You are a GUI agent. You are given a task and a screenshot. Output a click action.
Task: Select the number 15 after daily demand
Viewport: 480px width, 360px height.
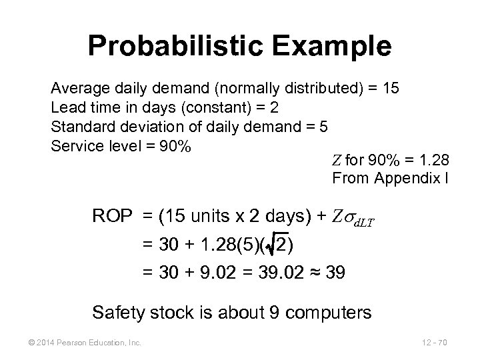tap(391, 89)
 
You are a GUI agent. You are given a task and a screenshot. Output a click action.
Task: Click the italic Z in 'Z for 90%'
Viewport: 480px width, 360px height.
tap(335, 161)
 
